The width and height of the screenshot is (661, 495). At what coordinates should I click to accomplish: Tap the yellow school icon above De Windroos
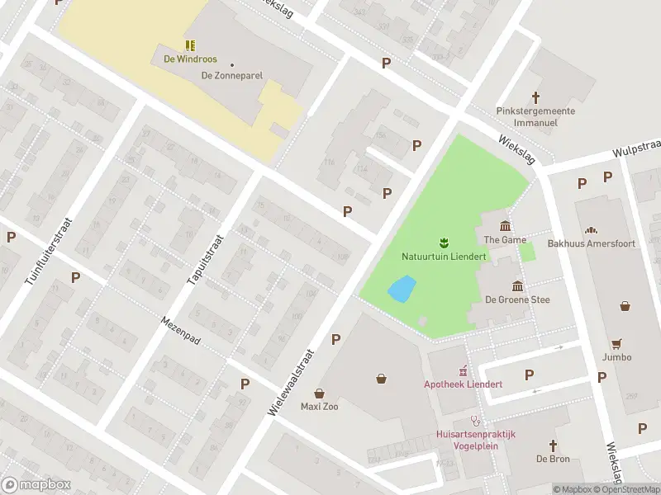pyautogui.click(x=190, y=45)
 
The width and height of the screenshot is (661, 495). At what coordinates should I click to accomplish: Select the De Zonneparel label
pyautogui.click(x=232, y=75)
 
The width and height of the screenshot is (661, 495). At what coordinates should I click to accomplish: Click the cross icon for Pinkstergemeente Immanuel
pyautogui.click(x=535, y=97)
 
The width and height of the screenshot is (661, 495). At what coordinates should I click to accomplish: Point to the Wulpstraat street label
pyautogui.click(x=636, y=148)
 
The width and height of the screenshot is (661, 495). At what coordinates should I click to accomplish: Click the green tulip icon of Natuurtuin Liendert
pyautogui.click(x=444, y=242)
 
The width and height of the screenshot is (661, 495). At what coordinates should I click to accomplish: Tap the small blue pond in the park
pyautogui.click(x=402, y=290)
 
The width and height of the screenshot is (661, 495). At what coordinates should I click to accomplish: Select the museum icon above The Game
pyautogui.click(x=505, y=226)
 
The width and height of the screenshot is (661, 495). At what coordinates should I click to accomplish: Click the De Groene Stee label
pyautogui.click(x=517, y=300)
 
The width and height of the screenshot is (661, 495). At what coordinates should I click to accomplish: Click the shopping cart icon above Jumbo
pyautogui.click(x=616, y=343)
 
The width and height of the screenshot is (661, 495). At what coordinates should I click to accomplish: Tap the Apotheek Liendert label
pyautogui.click(x=463, y=384)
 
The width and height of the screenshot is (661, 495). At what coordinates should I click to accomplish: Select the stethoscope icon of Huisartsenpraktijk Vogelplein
pyautogui.click(x=475, y=420)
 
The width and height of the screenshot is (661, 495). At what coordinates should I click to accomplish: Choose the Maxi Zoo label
pyautogui.click(x=319, y=406)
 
